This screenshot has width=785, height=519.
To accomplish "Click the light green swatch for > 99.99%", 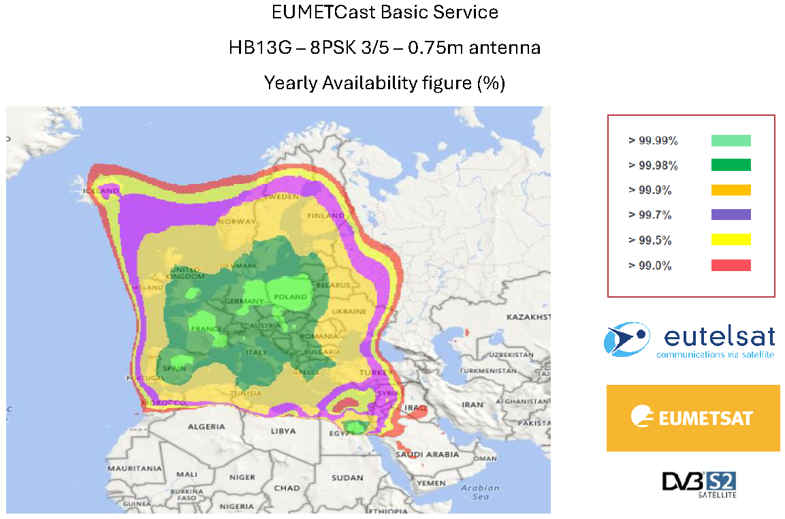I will (x=731, y=140).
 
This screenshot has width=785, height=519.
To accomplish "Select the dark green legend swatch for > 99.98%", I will (x=731, y=165).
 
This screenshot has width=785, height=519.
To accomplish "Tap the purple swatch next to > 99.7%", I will (x=731, y=215).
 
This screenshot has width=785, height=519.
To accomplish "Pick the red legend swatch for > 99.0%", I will (x=731, y=265).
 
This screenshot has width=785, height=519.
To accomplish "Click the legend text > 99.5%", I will (x=650, y=240).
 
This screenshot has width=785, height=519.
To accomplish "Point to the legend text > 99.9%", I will (x=650, y=191).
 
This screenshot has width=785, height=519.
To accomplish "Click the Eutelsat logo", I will (x=690, y=340).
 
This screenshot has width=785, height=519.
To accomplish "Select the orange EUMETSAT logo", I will (x=693, y=418).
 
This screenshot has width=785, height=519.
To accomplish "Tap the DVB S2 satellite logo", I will (x=699, y=484).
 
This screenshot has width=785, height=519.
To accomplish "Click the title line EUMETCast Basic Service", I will (x=385, y=12).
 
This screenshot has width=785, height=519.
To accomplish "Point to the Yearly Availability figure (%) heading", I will (x=385, y=83).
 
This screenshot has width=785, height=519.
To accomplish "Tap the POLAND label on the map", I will (x=291, y=297).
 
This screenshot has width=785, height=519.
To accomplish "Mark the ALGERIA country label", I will (x=206, y=426).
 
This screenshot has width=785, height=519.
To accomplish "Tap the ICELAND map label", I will (x=101, y=191).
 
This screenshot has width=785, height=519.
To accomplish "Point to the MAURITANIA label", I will (x=133, y=469).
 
